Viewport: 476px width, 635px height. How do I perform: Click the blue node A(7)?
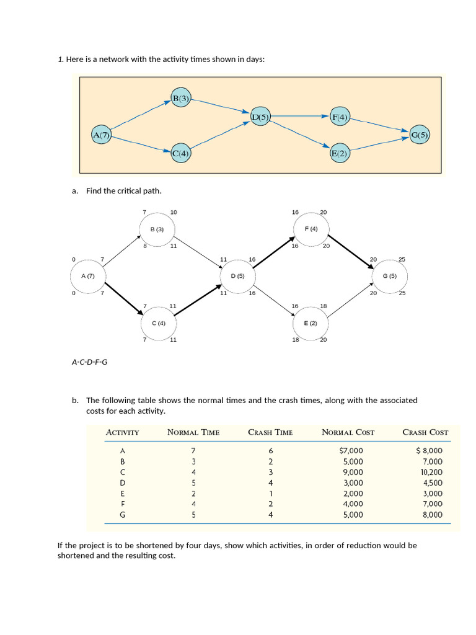(x=101, y=135)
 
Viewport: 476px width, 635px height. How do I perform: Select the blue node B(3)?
(x=181, y=98)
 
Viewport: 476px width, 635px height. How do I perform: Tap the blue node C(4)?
(x=181, y=153)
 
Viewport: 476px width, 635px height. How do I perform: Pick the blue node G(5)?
(x=420, y=135)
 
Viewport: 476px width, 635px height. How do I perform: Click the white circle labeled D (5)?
(x=238, y=275)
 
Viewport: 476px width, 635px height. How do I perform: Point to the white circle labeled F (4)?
(x=311, y=229)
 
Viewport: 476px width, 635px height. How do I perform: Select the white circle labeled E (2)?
(x=311, y=323)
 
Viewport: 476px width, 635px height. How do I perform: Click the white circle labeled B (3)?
(x=157, y=229)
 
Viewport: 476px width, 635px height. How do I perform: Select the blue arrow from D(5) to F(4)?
(x=301, y=116)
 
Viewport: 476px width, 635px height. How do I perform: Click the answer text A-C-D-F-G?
(x=90, y=362)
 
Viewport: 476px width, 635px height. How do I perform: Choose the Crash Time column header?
(x=270, y=432)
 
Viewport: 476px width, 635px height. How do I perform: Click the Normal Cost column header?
(x=348, y=432)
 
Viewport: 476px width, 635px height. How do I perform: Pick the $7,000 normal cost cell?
(x=352, y=451)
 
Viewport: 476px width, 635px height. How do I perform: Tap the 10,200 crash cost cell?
(x=431, y=472)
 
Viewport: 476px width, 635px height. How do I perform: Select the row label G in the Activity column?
(x=123, y=514)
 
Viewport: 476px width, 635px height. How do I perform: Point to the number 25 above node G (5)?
(x=402, y=259)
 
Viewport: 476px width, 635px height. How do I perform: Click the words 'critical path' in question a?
(x=140, y=191)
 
